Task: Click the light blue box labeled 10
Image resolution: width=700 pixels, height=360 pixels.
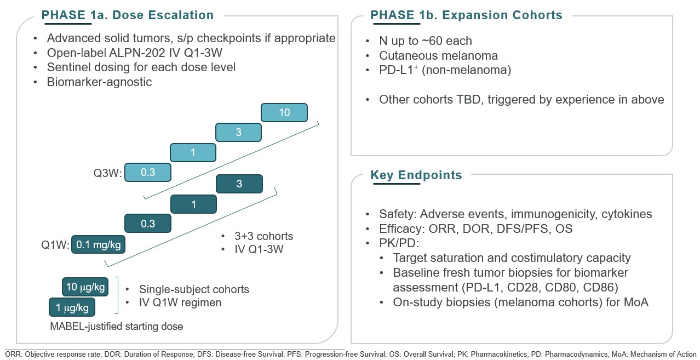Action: pyautogui.click(x=284, y=113)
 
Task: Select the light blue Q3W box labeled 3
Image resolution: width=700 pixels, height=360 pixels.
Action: pyautogui.click(x=238, y=133)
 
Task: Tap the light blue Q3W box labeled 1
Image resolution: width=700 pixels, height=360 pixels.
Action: pyautogui.click(x=193, y=153)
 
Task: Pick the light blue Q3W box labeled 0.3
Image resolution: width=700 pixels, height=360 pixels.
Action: pyautogui.click(x=148, y=173)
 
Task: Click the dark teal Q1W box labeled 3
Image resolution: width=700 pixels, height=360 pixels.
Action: pyautogui.click(x=239, y=184)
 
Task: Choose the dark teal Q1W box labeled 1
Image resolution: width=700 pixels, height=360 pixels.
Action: pyautogui.click(x=193, y=204)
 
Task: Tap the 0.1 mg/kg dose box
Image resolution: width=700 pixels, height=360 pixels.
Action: pyautogui.click(x=98, y=245)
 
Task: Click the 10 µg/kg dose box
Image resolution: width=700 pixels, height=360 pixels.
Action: pyautogui.click(x=85, y=287)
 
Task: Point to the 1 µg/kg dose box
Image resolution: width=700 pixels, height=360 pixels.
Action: pyautogui.click(x=72, y=308)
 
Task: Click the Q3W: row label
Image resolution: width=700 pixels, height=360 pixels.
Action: pyautogui.click(x=107, y=174)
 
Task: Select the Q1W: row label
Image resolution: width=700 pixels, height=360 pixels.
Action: pyautogui.click(x=55, y=245)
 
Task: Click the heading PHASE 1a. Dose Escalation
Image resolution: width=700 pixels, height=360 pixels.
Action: pyautogui.click(x=128, y=15)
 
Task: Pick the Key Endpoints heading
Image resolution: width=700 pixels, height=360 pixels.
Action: pyautogui.click(x=416, y=175)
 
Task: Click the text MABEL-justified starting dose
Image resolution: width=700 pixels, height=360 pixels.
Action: pyautogui.click(x=116, y=327)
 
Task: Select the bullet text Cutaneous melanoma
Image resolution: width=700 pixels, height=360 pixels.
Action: pyautogui.click(x=438, y=56)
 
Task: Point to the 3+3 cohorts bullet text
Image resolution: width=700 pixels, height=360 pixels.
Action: pyautogui.click(x=263, y=237)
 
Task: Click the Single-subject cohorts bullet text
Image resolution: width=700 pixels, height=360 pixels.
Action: pyautogui.click(x=194, y=290)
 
